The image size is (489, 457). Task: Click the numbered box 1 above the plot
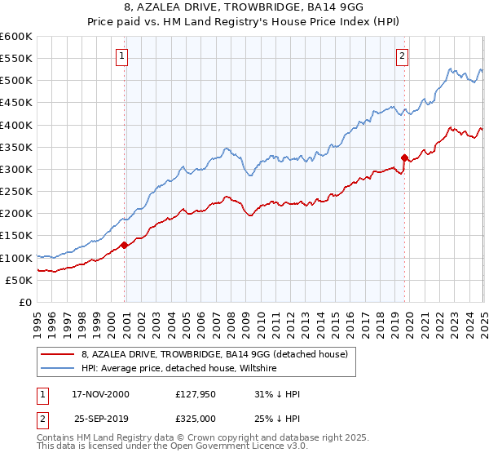click(121, 56)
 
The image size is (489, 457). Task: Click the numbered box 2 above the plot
click(403, 56)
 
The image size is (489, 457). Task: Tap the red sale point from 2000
click(124, 245)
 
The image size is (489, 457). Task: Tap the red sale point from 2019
click(404, 158)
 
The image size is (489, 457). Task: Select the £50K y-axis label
click(19, 280)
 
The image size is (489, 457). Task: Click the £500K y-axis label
click(15, 80)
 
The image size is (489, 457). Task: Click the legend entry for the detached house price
click(214, 354)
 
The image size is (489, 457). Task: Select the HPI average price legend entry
click(179, 369)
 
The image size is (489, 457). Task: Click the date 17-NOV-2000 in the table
click(101, 394)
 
